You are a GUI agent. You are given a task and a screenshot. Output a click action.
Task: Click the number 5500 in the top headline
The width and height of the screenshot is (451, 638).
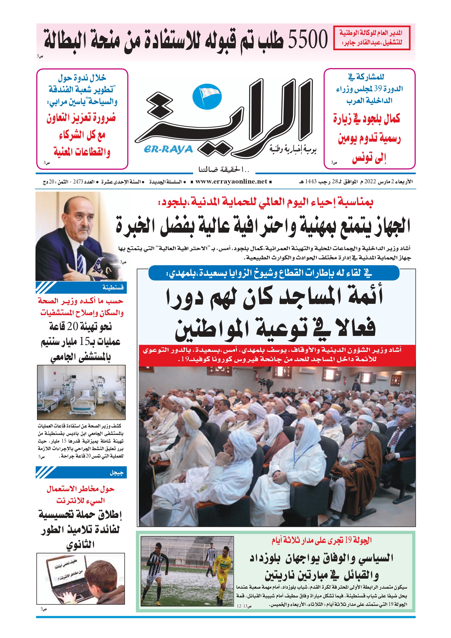308,40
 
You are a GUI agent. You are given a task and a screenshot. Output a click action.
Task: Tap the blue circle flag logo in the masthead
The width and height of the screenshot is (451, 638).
207,96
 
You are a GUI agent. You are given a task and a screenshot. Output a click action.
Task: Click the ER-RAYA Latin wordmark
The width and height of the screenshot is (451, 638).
168,149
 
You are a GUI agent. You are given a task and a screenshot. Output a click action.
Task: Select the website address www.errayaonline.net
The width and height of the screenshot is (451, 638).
231,182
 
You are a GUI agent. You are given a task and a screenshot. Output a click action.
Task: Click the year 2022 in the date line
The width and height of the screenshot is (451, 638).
370,182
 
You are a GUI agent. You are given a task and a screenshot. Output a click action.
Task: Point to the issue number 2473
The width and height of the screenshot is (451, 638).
78,182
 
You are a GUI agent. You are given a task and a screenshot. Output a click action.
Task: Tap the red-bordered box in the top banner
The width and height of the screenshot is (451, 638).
372,38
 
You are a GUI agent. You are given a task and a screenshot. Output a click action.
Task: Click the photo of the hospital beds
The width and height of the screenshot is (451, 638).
81,392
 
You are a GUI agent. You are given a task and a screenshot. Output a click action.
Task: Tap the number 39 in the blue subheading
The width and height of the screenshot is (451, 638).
378,89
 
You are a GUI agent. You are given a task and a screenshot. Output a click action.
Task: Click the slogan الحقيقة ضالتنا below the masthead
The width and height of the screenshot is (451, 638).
224,169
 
